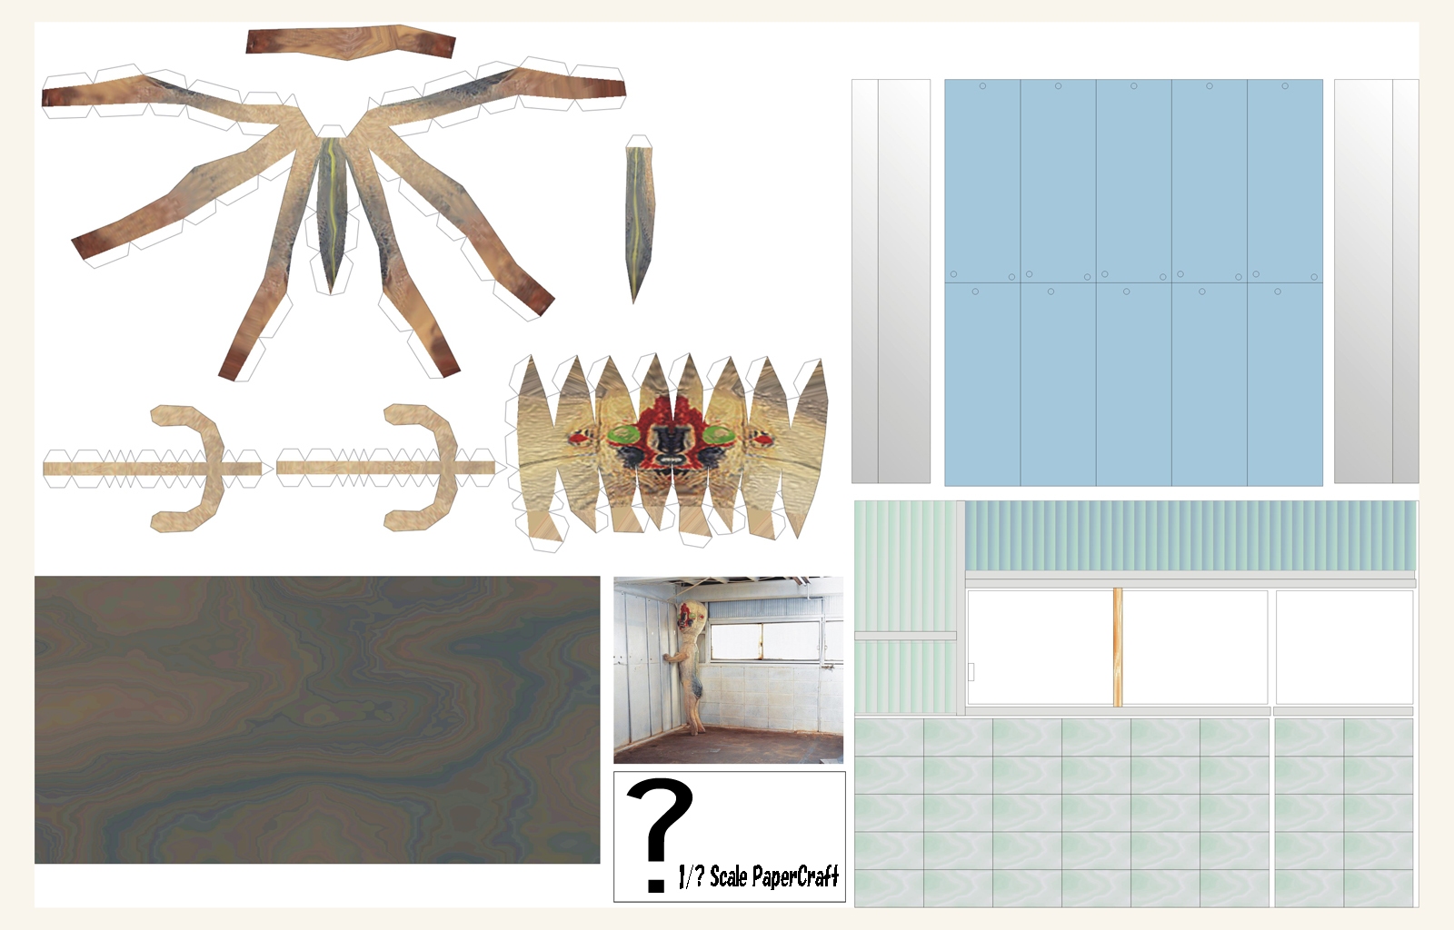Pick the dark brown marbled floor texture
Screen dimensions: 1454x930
317,719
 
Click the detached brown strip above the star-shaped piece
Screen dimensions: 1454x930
351,42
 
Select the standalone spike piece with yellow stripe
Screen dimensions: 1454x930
639,222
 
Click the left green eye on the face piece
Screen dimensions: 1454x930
624,434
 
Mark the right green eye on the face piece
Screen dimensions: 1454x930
716,434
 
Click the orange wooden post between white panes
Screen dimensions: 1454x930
1118,648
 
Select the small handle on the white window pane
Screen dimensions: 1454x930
971,672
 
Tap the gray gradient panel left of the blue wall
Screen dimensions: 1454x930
891,282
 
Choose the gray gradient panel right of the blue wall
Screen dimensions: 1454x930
1376,282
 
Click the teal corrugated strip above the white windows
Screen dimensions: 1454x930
1190,536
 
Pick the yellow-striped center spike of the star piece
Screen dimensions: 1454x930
333,214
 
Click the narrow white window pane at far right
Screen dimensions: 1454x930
1344,648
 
